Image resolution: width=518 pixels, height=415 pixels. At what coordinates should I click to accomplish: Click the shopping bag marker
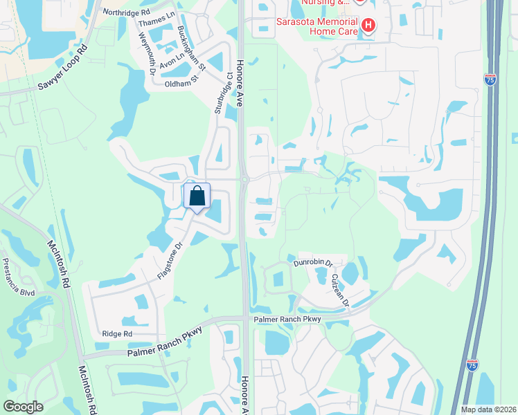coord(197,196)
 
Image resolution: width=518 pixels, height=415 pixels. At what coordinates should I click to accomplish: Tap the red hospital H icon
coord(368,27)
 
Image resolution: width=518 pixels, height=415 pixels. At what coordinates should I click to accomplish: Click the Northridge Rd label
coord(126,12)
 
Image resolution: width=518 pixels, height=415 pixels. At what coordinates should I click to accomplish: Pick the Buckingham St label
coord(191,48)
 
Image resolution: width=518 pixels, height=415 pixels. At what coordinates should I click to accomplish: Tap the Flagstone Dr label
coord(169,258)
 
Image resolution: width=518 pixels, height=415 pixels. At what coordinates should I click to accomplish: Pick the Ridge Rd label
coord(116,334)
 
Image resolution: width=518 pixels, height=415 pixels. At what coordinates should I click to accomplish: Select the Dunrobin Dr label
coord(314,264)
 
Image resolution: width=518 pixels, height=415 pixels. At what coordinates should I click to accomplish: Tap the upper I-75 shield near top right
coord(490,80)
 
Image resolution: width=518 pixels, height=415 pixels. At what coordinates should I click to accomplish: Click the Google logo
coord(23,407)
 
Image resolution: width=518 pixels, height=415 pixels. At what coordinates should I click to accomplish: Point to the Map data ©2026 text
coord(489,409)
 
